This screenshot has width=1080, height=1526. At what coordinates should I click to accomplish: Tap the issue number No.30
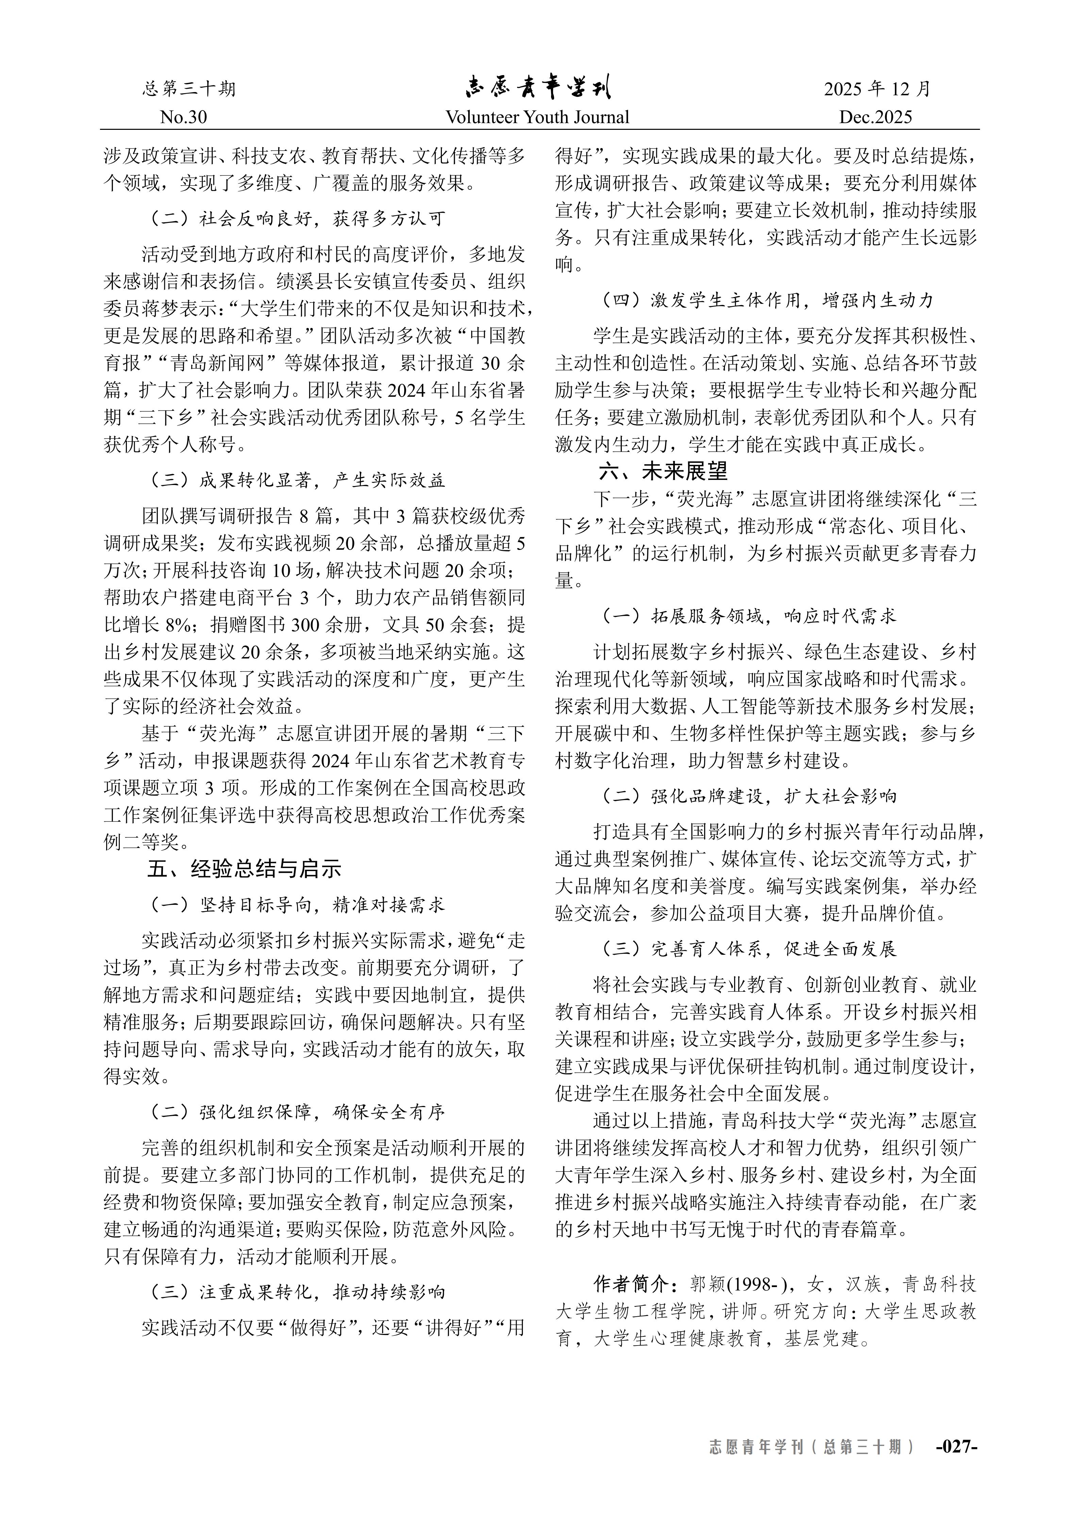point(184,118)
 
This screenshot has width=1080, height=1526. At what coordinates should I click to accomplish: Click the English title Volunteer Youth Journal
point(537,118)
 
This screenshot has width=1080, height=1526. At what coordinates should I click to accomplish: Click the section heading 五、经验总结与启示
point(244,869)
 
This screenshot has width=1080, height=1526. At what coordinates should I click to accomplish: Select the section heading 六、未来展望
point(663,471)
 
